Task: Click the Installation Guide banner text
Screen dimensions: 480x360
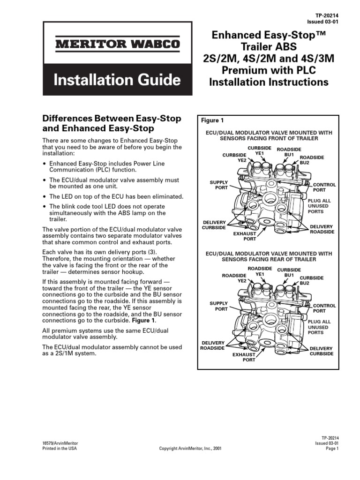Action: pos(117,80)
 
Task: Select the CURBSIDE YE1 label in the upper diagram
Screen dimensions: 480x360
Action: pos(260,150)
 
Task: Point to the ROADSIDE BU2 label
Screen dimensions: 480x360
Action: pos(311,160)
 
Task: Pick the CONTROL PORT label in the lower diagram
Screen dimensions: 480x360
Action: pos(324,308)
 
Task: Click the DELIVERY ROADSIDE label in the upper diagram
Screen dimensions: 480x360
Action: pos(322,229)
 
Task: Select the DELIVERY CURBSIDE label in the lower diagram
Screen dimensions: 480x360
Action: pos(321,351)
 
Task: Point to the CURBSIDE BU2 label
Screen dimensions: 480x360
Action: pos(311,280)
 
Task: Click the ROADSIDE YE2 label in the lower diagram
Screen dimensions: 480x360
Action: pos(235,278)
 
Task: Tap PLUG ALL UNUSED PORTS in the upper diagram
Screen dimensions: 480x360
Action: pos(319,206)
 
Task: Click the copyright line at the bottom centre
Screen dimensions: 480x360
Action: pos(190,449)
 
